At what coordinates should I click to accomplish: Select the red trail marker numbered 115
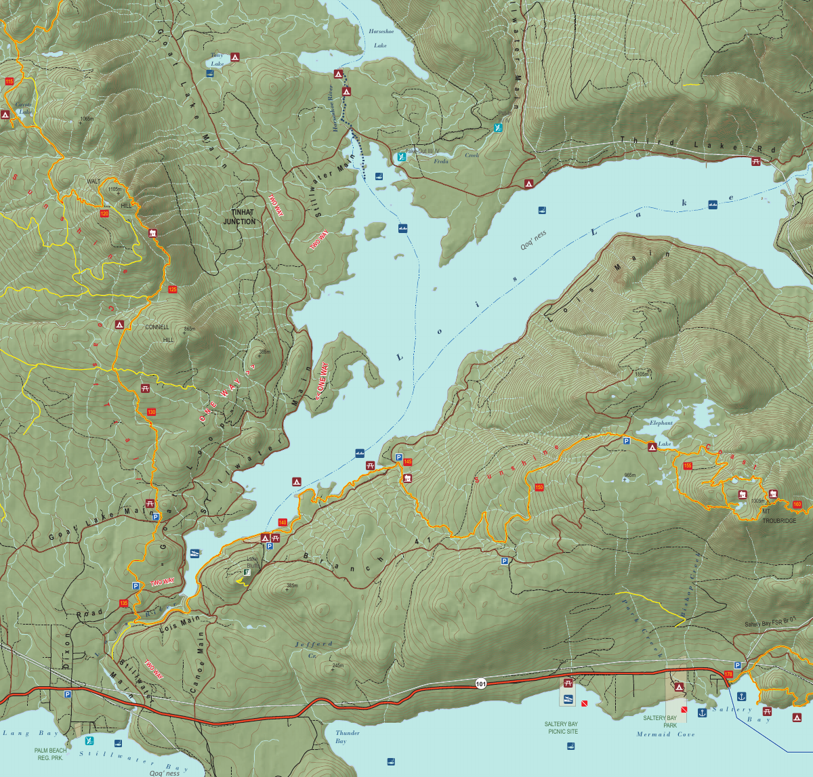[x=9, y=81]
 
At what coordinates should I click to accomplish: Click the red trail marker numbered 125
[x=172, y=289]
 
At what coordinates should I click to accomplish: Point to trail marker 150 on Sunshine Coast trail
[x=539, y=487]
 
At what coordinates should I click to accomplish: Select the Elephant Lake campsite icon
[x=652, y=446]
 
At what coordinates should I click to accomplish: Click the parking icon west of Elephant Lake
[x=627, y=441]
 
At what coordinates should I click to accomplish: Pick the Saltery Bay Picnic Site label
[x=561, y=728]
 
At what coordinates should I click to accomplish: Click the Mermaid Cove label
[x=665, y=734]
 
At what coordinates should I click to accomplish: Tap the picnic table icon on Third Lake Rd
[x=755, y=161]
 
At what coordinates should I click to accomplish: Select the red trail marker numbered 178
[x=728, y=675]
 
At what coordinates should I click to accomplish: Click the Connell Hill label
[x=158, y=333]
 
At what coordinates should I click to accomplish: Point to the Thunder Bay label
[x=347, y=736]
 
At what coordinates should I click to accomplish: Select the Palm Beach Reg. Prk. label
[x=51, y=753]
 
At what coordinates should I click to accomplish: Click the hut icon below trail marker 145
[x=407, y=478]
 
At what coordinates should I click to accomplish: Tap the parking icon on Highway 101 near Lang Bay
[x=67, y=694]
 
